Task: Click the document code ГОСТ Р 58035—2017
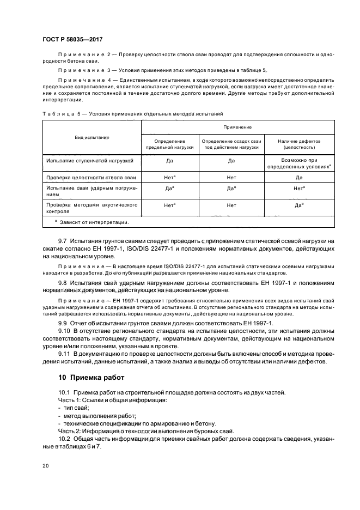click(72, 40)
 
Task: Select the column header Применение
click(237, 127)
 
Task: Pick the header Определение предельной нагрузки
click(170, 144)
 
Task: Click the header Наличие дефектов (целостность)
click(299, 144)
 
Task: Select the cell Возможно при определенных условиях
click(299, 164)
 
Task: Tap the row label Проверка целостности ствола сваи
click(90, 178)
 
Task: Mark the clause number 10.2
click(65, 438)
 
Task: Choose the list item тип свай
click(76, 408)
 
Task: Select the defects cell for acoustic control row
click(299, 206)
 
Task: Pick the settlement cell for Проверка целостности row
click(231, 178)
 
